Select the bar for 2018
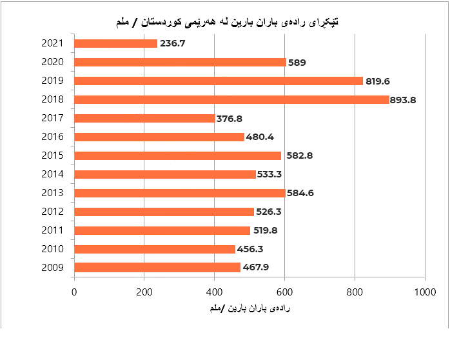[x=231, y=99]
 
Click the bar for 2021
[x=116, y=43]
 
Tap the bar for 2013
[x=180, y=193]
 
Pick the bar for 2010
[x=155, y=249]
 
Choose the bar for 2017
[x=144, y=118]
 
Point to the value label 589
[x=297, y=63]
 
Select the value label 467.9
[x=256, y=268]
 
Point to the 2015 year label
[x=52, y=155]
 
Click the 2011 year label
[x=52, y=230]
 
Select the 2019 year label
[x=52, y=81]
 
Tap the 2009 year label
[x=52, y=268]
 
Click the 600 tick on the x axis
[x=285, y=292]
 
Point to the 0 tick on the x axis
[x=75, y=292]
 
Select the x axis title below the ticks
[x=249, y=309]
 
